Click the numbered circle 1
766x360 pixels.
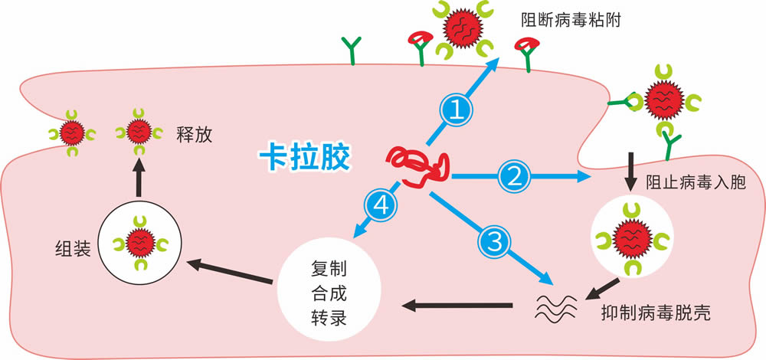457,111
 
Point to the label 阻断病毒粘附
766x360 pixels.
571,21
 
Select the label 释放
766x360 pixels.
195,136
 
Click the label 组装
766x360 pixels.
71,250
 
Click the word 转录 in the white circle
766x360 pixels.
329,318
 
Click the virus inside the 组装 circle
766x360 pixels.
140,243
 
